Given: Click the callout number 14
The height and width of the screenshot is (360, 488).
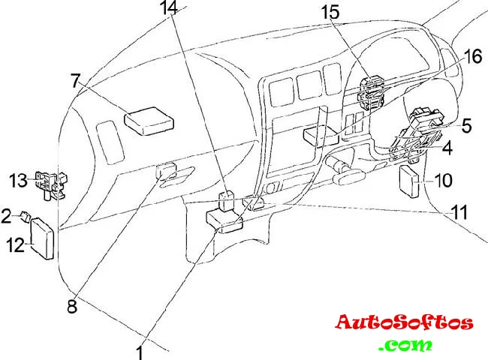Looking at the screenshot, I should pyautogui.click(x=170, y=10).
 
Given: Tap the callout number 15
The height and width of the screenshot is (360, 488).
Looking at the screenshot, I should pyautogui.click(x=331, y=13).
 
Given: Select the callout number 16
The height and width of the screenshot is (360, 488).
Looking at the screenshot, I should pyautogui.click(x=471, y=56).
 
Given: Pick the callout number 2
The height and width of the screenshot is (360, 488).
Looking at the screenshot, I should pyautogui.click(x=6, y=216).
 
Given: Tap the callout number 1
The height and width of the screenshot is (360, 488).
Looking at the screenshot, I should pyautogui.click(x=140, y=349).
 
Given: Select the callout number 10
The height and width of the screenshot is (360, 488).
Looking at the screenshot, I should pyautogui.click(x=443, y=180).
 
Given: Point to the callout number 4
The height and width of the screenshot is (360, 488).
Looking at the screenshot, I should pyautogui.click(x=447, y=148).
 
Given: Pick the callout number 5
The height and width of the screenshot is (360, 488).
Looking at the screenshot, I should pyautogui.click(x=466, y=126).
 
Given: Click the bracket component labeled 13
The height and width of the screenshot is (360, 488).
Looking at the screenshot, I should pyautogui.click(x=50, y=182).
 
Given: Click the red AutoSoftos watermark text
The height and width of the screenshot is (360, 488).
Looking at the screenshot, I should pyautogui.click(x=404, y=322).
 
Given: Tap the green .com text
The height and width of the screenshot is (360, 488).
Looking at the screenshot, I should pyautogui.click(x=405, y=346).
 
